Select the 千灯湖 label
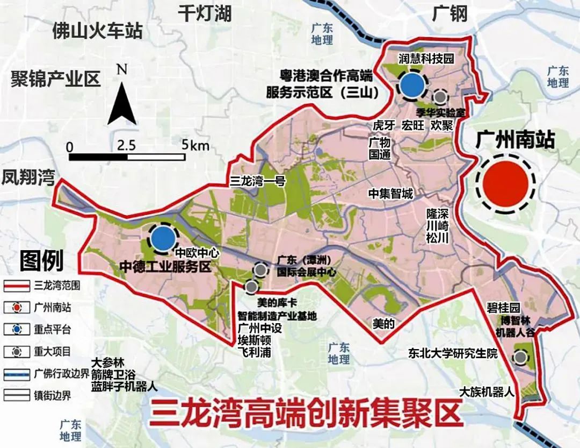point(205,13)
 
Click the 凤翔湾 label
point(28,177)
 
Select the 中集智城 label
point(390,194)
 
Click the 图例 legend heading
point(41,261)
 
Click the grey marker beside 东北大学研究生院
point(519,357)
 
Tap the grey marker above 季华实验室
point(441,97)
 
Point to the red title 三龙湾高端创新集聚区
point(306,415)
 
